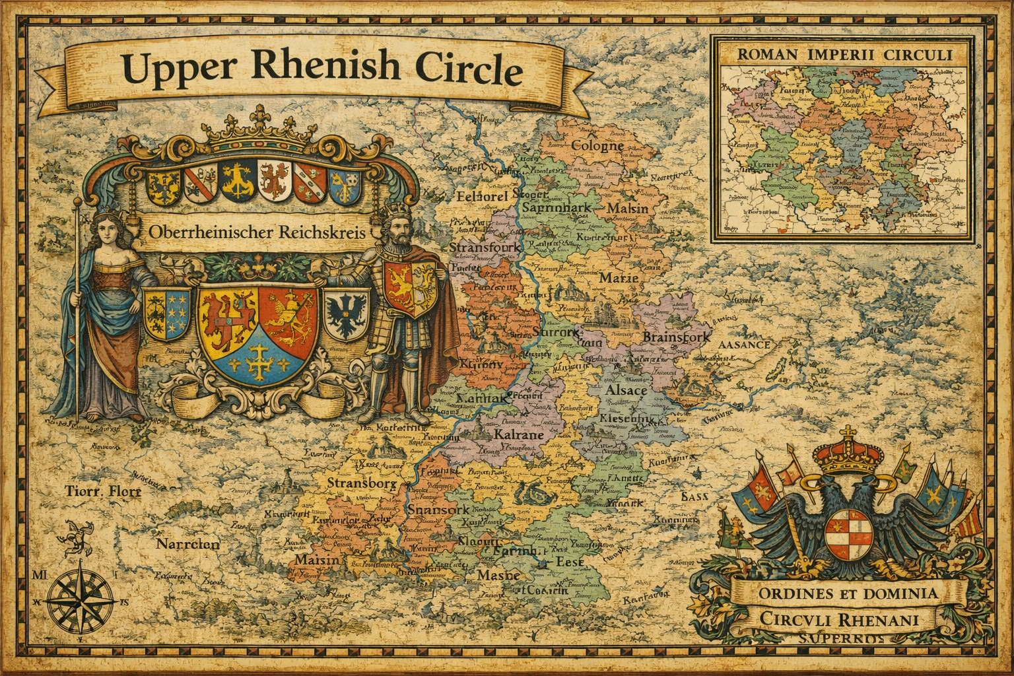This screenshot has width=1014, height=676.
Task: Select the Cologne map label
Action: point(597,145)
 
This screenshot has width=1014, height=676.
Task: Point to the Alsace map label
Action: point(626,390)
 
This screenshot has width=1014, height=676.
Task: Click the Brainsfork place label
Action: point(675,337)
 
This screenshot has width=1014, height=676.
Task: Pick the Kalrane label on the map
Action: point(518,436)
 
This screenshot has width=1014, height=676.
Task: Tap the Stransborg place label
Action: point(362,483)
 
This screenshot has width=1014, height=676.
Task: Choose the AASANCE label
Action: point(743,345)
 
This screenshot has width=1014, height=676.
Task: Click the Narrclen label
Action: point(188,545)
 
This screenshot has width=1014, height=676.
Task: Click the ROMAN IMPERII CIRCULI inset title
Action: point(844,54)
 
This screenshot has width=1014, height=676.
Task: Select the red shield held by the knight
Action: point(408,287)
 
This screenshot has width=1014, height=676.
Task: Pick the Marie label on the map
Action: point(619,278)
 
